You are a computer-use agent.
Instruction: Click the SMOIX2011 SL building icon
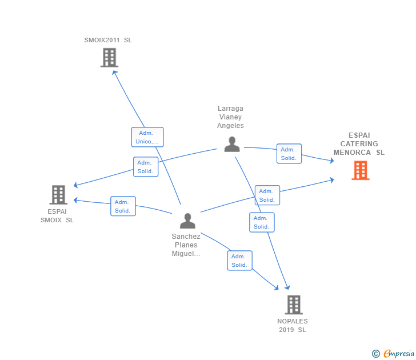coord(109,58)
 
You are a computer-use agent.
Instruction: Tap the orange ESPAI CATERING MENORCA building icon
coord(360,170)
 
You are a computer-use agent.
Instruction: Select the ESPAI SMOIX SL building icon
coord(58,195)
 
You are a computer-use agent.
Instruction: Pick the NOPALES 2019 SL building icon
coord(293,305)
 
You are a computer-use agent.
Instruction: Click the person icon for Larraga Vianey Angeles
coord(231,144)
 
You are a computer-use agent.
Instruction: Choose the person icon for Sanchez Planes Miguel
coord(187,221)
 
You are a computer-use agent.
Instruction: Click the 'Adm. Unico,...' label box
coord(147,137)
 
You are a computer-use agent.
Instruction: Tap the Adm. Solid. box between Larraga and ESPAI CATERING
coord(289,154)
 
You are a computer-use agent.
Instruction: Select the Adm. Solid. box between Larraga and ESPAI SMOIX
coord(146,167)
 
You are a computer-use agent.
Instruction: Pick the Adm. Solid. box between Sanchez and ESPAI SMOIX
coord(123,206)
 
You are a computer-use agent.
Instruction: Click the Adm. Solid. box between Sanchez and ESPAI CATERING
coord(267,195)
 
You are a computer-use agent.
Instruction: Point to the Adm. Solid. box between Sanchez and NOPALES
coord(239,261)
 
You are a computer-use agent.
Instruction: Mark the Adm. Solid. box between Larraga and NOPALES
coord(262,222)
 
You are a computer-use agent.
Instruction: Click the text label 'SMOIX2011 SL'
coord(108,40)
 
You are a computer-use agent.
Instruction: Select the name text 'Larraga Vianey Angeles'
coord(231,117)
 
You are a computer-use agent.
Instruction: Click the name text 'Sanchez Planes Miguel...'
coord(186,245)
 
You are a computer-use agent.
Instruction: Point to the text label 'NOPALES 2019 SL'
coord(293,326)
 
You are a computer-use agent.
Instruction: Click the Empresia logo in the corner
coord(393,354)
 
